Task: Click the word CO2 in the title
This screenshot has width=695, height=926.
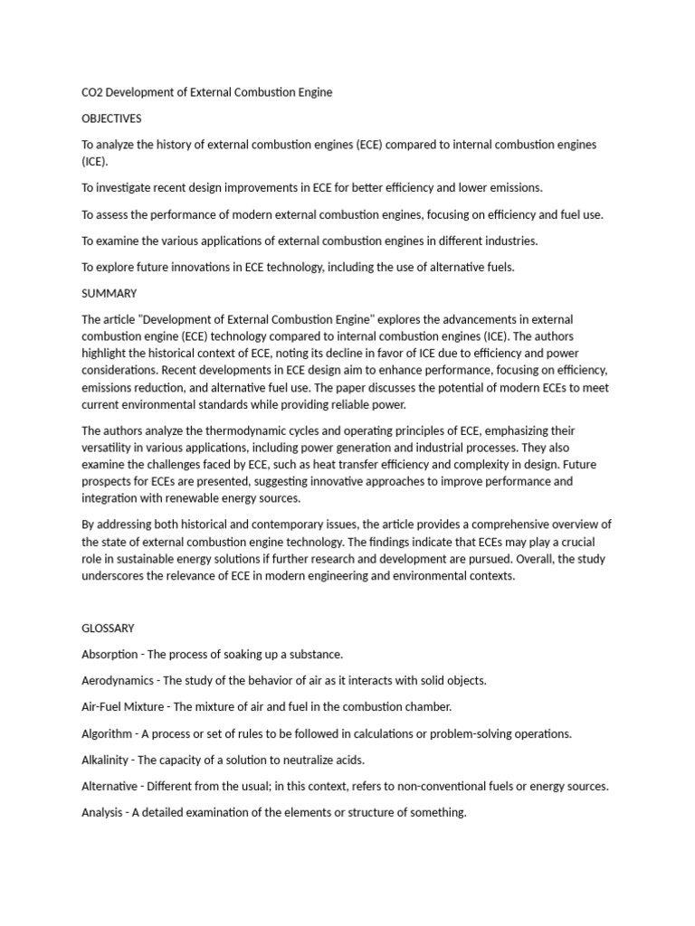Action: (93, 92)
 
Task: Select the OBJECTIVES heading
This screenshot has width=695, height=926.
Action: (111, 118)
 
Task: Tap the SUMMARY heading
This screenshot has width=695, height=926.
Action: (109, 293)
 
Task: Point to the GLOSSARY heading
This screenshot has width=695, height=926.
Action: (109, 628)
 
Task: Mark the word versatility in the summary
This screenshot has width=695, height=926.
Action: (109, 448)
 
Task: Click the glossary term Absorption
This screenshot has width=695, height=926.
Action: (109, 654)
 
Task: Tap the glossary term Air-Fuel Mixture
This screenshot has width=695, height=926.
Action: (123, 706)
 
